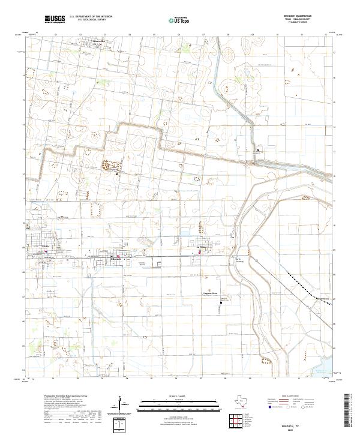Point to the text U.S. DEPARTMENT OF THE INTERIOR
pos(91,17)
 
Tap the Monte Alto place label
pos(99,42)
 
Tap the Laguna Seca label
pos(209,293)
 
